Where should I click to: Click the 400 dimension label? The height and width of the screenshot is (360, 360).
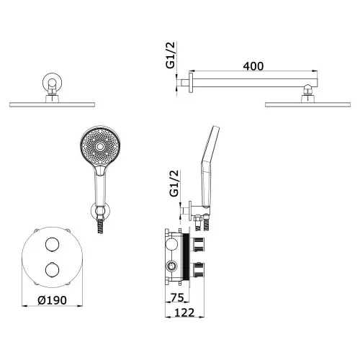[253, 66]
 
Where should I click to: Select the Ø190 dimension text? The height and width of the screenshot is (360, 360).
[52, 300]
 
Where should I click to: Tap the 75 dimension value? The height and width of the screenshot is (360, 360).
[177, 297]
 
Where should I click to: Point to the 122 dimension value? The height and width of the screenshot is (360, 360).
[184, 312]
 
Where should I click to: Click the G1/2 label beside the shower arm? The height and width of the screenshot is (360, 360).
[171, 55]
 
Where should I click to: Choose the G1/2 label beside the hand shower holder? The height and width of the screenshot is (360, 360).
[174, 184]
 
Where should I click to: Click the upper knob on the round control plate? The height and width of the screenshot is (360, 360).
[52, 244]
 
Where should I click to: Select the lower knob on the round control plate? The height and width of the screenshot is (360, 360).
[52, 270]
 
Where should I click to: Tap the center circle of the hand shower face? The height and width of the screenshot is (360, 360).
[99, 146]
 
